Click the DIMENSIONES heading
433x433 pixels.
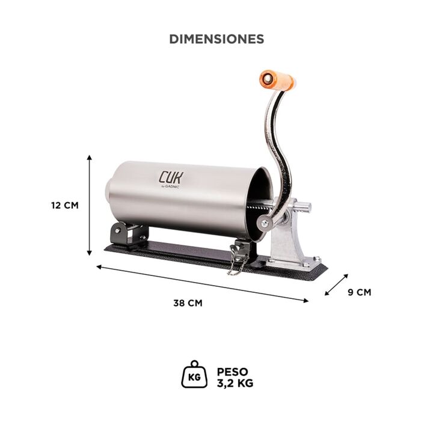[x=216, y=39]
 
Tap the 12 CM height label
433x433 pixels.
[x=65, y=206]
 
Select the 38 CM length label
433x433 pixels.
[x=188, y=303]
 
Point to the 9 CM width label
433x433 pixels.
[x=360, y=292]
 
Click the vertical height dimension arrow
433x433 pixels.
[x=89, y=205]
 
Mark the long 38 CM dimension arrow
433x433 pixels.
[x=202, y=284]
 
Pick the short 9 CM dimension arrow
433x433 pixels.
[x=336, y=284]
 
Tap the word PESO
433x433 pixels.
[x=233, y=372]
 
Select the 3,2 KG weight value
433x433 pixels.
[x=235, y=384]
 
